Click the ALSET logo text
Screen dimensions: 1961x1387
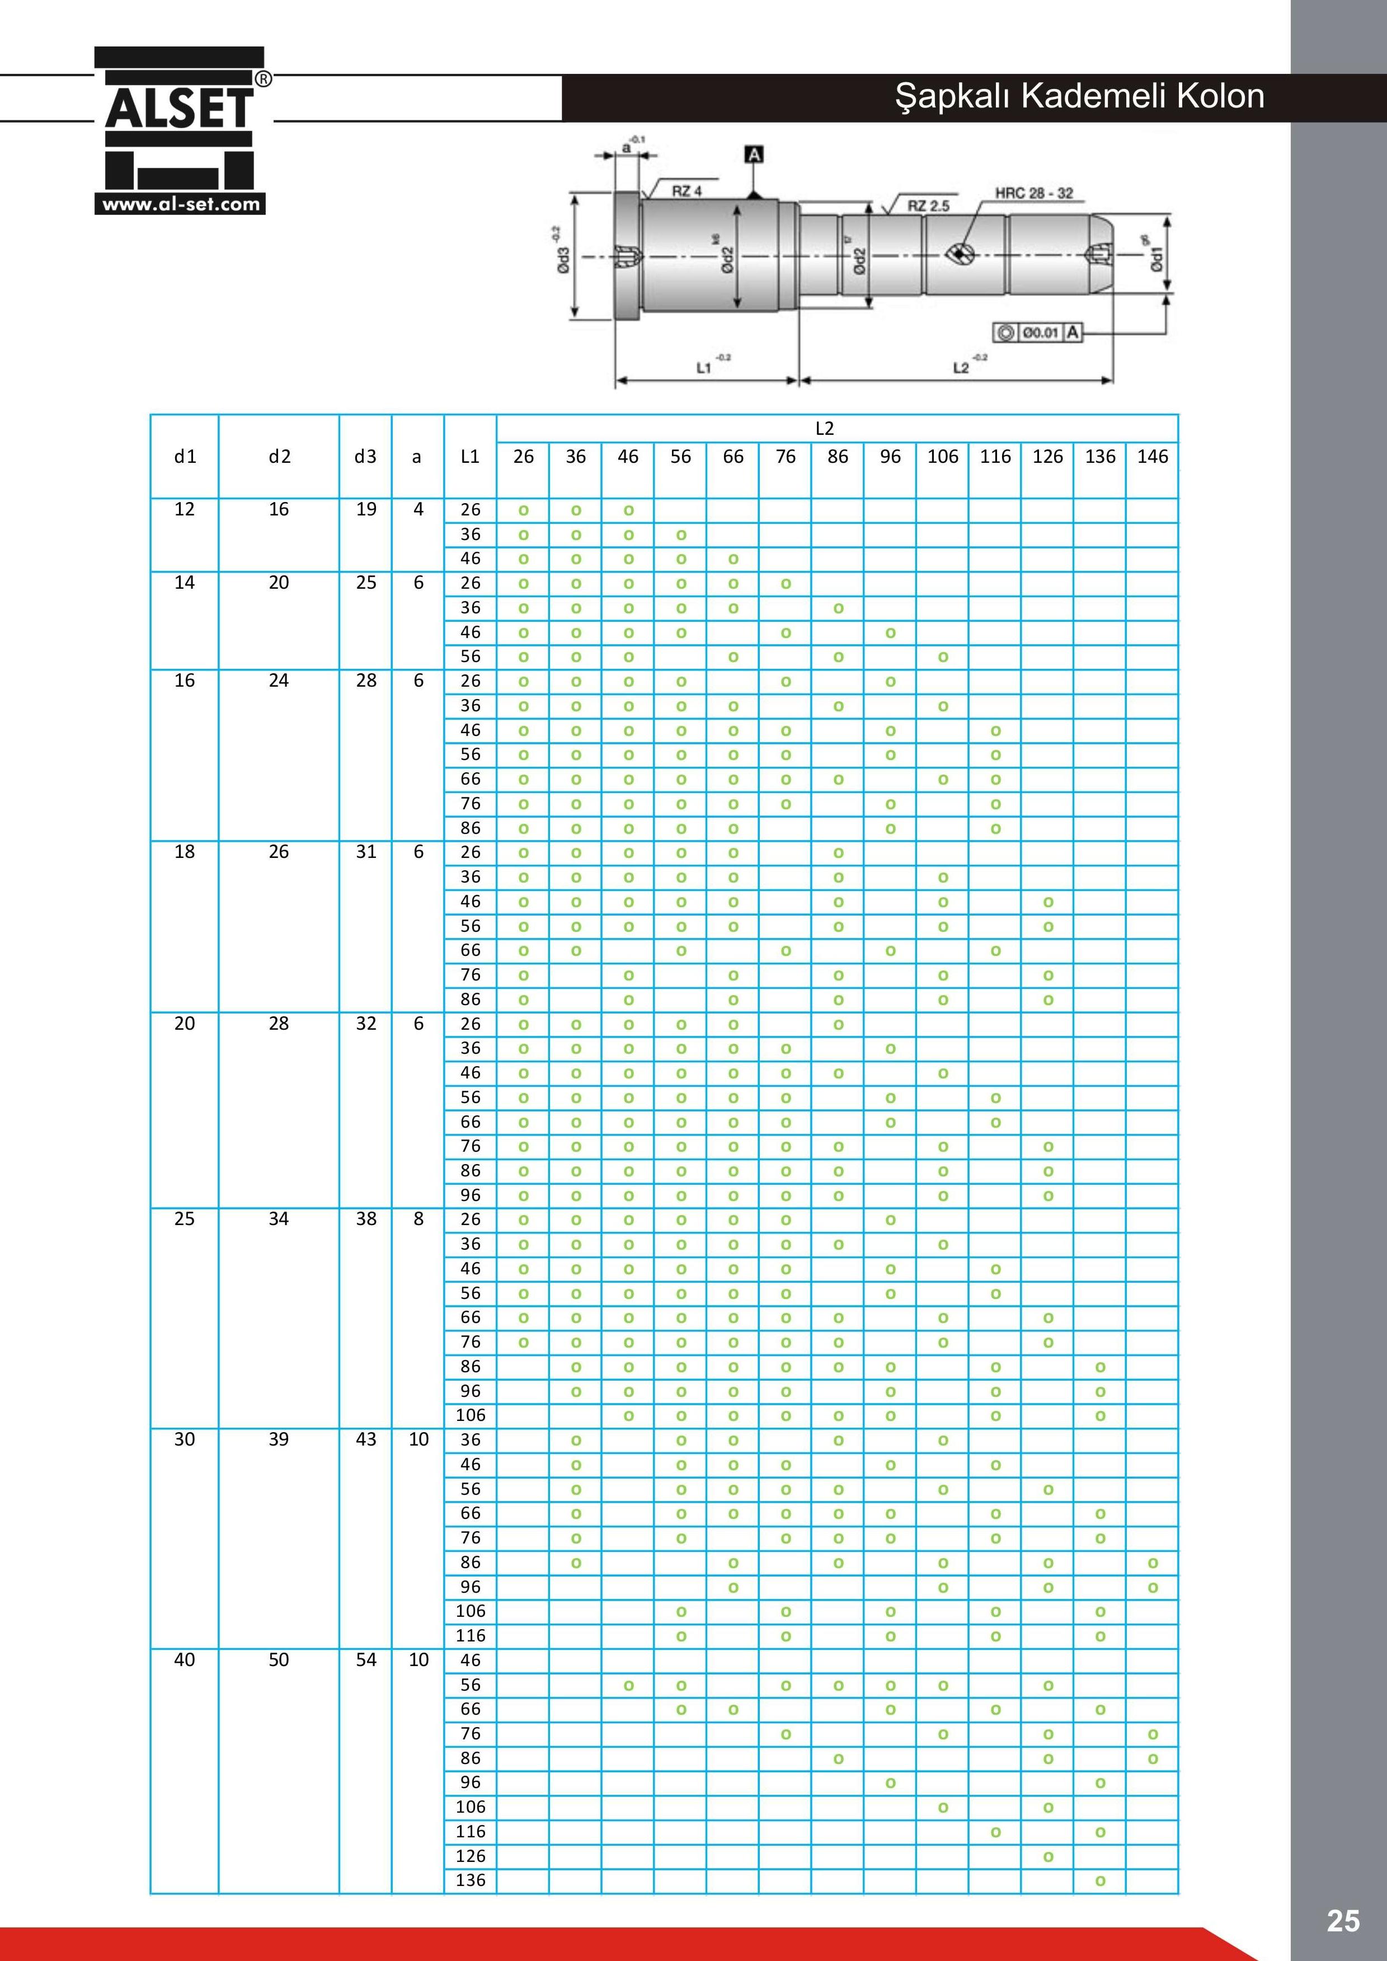click(180, 109)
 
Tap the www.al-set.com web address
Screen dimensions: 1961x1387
click(180, 204)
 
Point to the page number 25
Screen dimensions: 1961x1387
click(1343, 1921)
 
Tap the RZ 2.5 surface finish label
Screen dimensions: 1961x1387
click(928, 206)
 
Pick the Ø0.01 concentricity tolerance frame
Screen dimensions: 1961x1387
click(1037, 332)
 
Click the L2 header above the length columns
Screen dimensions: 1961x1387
click(824, 429)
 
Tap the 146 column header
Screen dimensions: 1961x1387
click(1151, 457)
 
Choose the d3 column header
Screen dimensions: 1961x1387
click(365, 457)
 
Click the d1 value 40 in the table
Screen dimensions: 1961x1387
click(185, 1659)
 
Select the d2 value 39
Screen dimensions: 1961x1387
click(279, 1439)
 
